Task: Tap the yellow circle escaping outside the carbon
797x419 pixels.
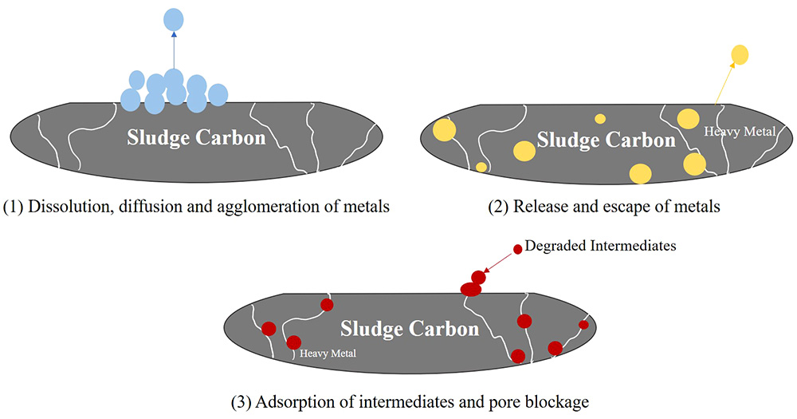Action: [740, 54]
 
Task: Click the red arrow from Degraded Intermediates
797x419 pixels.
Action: [499, 262]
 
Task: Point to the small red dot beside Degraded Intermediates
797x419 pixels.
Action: [517, 249]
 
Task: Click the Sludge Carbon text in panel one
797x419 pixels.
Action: [196, 137]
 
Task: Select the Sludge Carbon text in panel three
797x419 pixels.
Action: [410, 328]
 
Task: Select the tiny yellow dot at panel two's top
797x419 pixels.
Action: [600, 119]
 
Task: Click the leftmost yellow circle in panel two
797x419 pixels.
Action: [444, 130]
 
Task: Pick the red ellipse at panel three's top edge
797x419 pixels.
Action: [472, 289]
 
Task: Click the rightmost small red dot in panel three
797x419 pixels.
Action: [583, 325]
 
